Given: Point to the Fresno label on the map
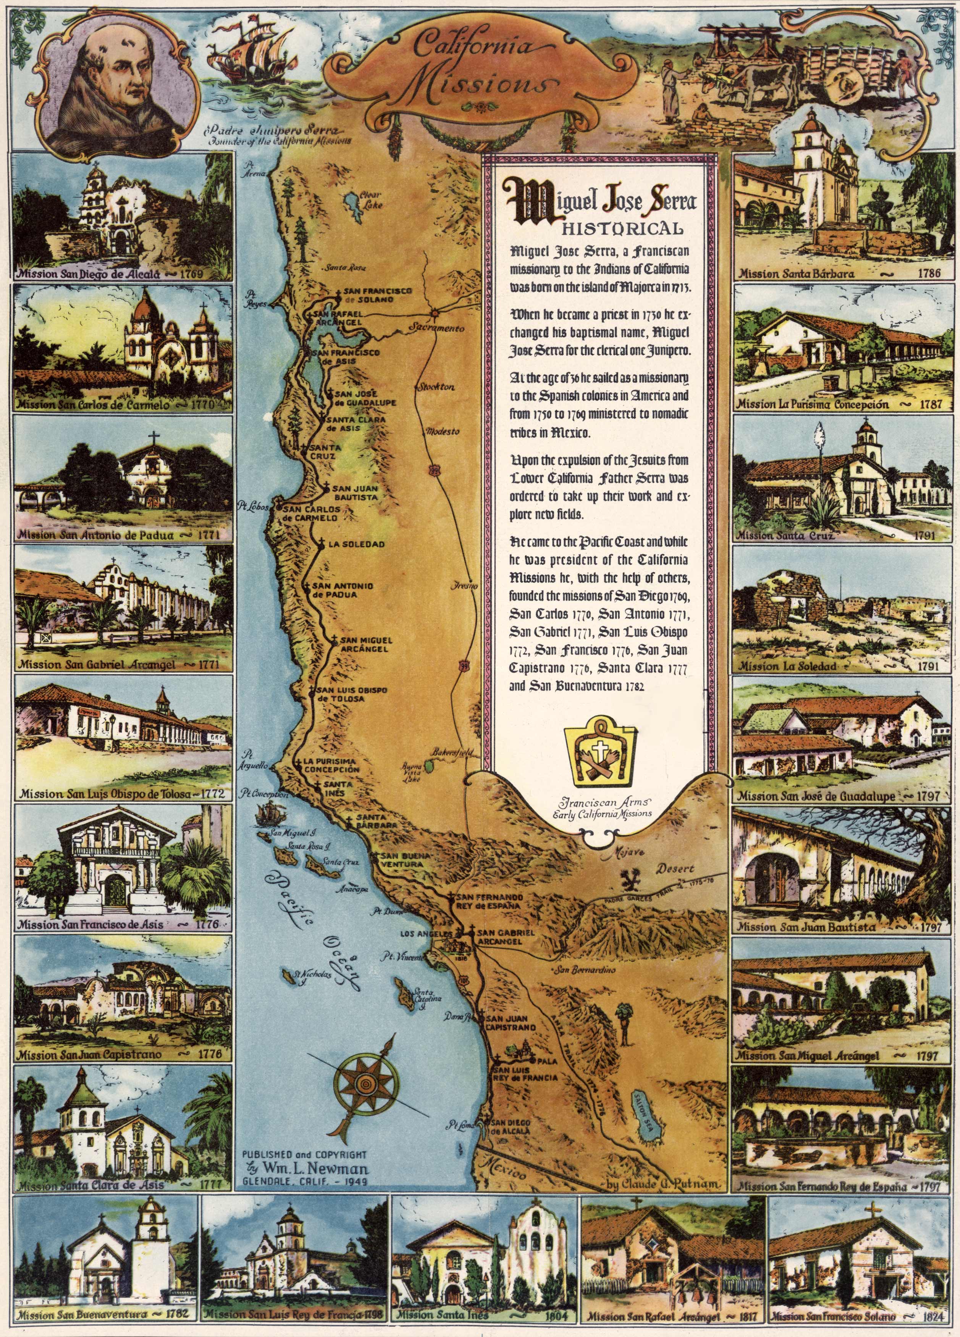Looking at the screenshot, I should (465, 586).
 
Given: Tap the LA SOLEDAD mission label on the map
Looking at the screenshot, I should (356, 544).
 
